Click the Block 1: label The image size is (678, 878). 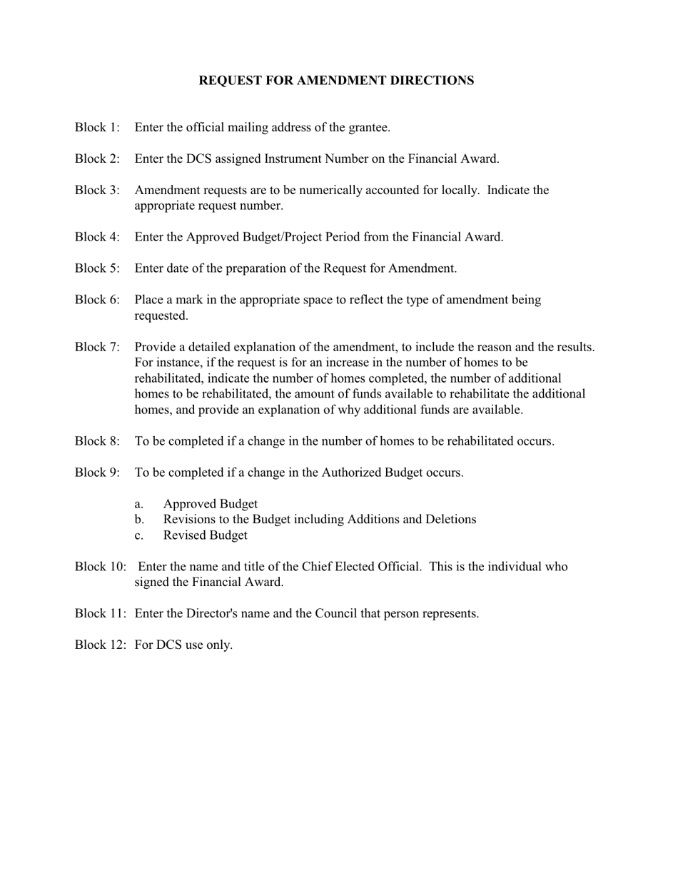click(x=97, y=128)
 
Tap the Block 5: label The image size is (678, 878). click(x=97, y=268)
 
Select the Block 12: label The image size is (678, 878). click(x=100, y=645)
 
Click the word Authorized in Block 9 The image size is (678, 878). click(x=350, y=473)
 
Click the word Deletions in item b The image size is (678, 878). click(x=450, y=520)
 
